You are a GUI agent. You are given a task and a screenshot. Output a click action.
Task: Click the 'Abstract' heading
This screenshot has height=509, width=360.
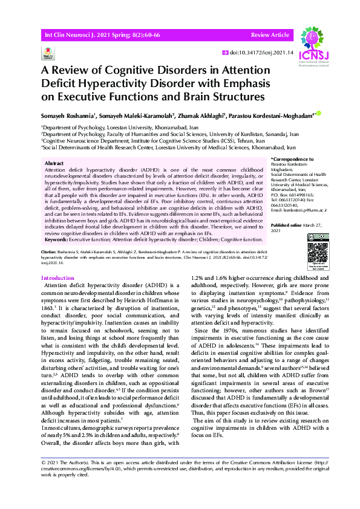pyautogui.click(x=56, y=163)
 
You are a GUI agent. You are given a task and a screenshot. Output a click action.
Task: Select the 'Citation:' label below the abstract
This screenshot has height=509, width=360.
pyautogui.click(x=49, y=250)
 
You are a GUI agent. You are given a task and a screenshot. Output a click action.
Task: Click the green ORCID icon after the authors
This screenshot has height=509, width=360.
pyautogui.click(x=319, y=113)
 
